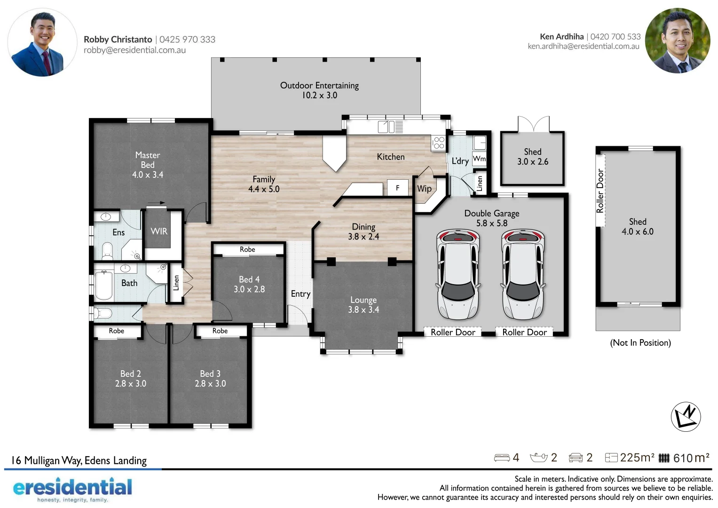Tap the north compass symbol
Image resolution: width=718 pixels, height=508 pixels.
[686, 417]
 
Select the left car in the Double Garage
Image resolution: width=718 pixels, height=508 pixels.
[458, 274]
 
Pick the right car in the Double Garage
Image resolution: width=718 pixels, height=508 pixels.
[522, 274]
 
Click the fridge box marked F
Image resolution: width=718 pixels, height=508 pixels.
[397, 188]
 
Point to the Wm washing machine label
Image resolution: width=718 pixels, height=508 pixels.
[479, 159]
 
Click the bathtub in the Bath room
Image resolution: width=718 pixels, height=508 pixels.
[103, 286]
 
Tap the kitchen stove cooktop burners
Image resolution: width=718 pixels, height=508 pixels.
[439, 143]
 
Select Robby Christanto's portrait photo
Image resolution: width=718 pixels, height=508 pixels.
[42, 42]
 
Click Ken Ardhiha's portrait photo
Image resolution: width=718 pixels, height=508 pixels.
[677, 41]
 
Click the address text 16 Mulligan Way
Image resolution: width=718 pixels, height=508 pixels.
[79, 460]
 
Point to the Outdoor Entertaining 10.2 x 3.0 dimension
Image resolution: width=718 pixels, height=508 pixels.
[319, 95]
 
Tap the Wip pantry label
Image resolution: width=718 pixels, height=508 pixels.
[424, 189]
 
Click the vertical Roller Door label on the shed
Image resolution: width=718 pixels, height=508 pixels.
[600, 190]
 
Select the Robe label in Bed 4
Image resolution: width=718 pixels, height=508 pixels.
[247, 249]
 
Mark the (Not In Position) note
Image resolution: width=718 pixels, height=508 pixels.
[640, 343]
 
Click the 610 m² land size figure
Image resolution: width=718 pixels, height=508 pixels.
[691, 458]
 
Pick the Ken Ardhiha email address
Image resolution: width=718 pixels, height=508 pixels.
[583, 47]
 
